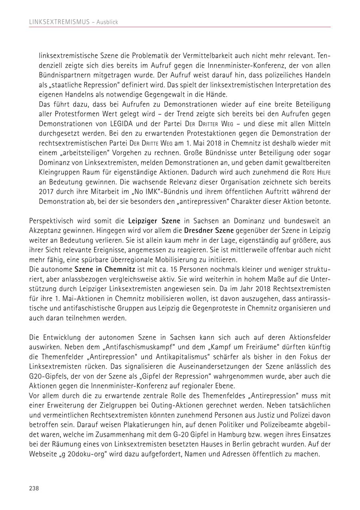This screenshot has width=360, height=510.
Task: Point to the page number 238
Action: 34,488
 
